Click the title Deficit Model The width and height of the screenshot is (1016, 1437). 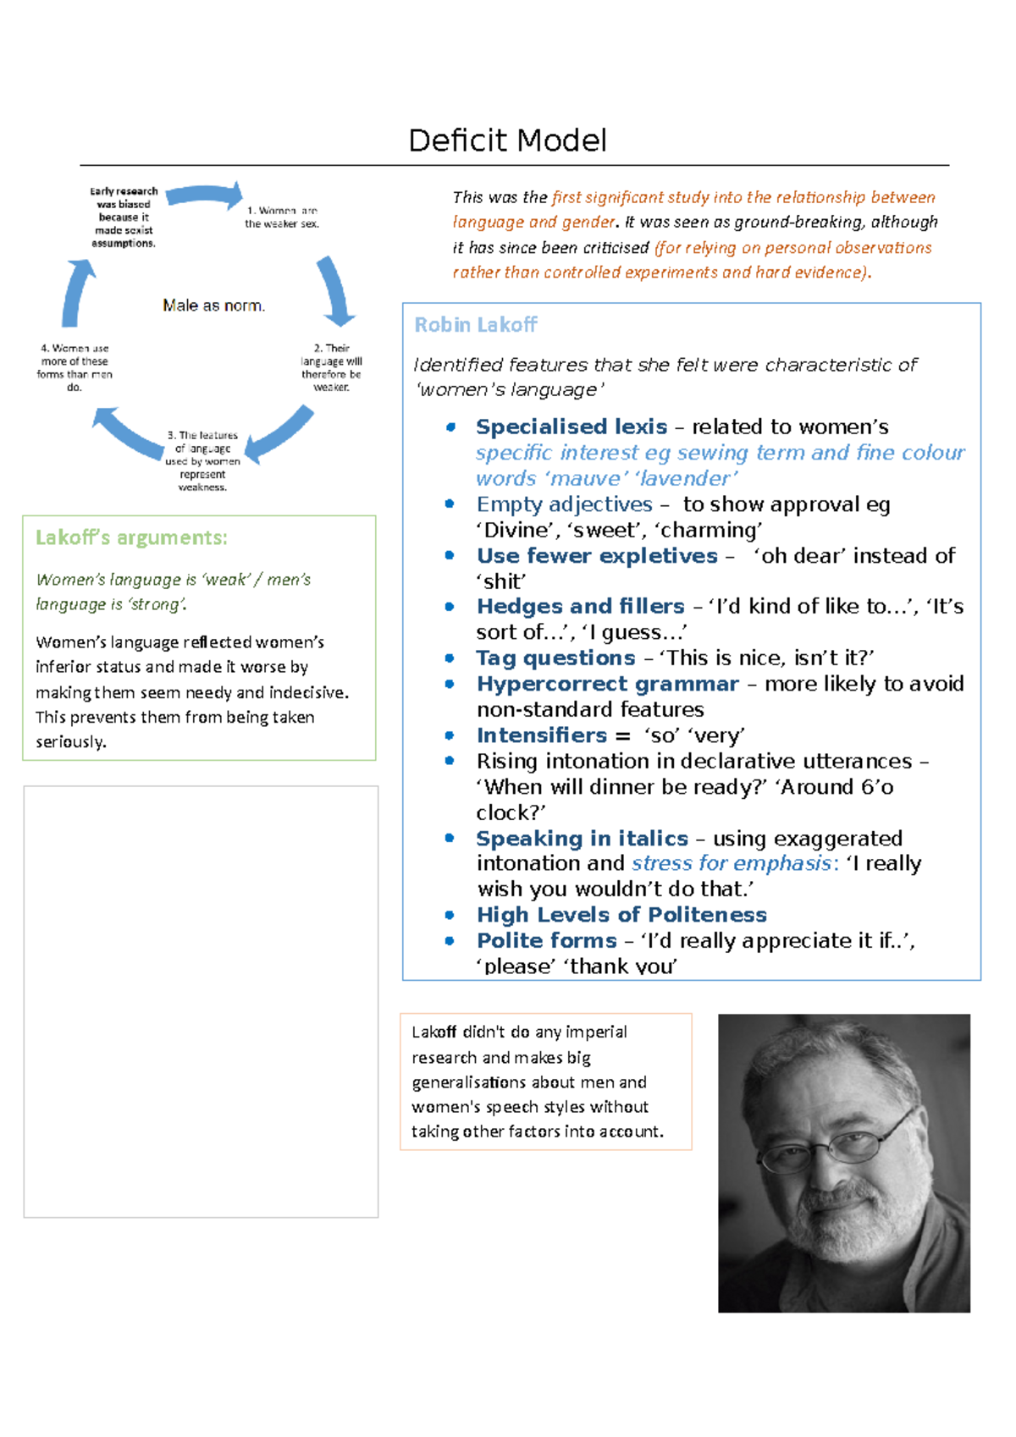(x=507, y=140)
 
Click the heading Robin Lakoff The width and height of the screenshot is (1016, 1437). (x=475, y=325)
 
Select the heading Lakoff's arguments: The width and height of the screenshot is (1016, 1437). (x=131, y=538)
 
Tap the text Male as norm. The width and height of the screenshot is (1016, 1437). (x=213, y=306)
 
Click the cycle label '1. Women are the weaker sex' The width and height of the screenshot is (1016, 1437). (x=282, y=217)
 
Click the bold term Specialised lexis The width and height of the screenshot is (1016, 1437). (x=571, y=427)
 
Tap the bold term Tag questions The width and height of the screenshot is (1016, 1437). (x=555, y=658)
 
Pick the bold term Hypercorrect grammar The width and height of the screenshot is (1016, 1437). (x=607, y=684)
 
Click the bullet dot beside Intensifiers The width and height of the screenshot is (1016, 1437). (x=450, y=735)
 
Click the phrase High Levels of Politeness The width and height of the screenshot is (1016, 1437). (x=621, y=915)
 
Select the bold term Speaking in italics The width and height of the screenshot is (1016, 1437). (x=582, y=839)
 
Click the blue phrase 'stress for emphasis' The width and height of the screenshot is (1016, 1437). (x=732, y=863)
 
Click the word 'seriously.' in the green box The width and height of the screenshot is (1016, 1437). (x=71, y=742)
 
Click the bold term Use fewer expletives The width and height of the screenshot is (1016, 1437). (x=597, y=556)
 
